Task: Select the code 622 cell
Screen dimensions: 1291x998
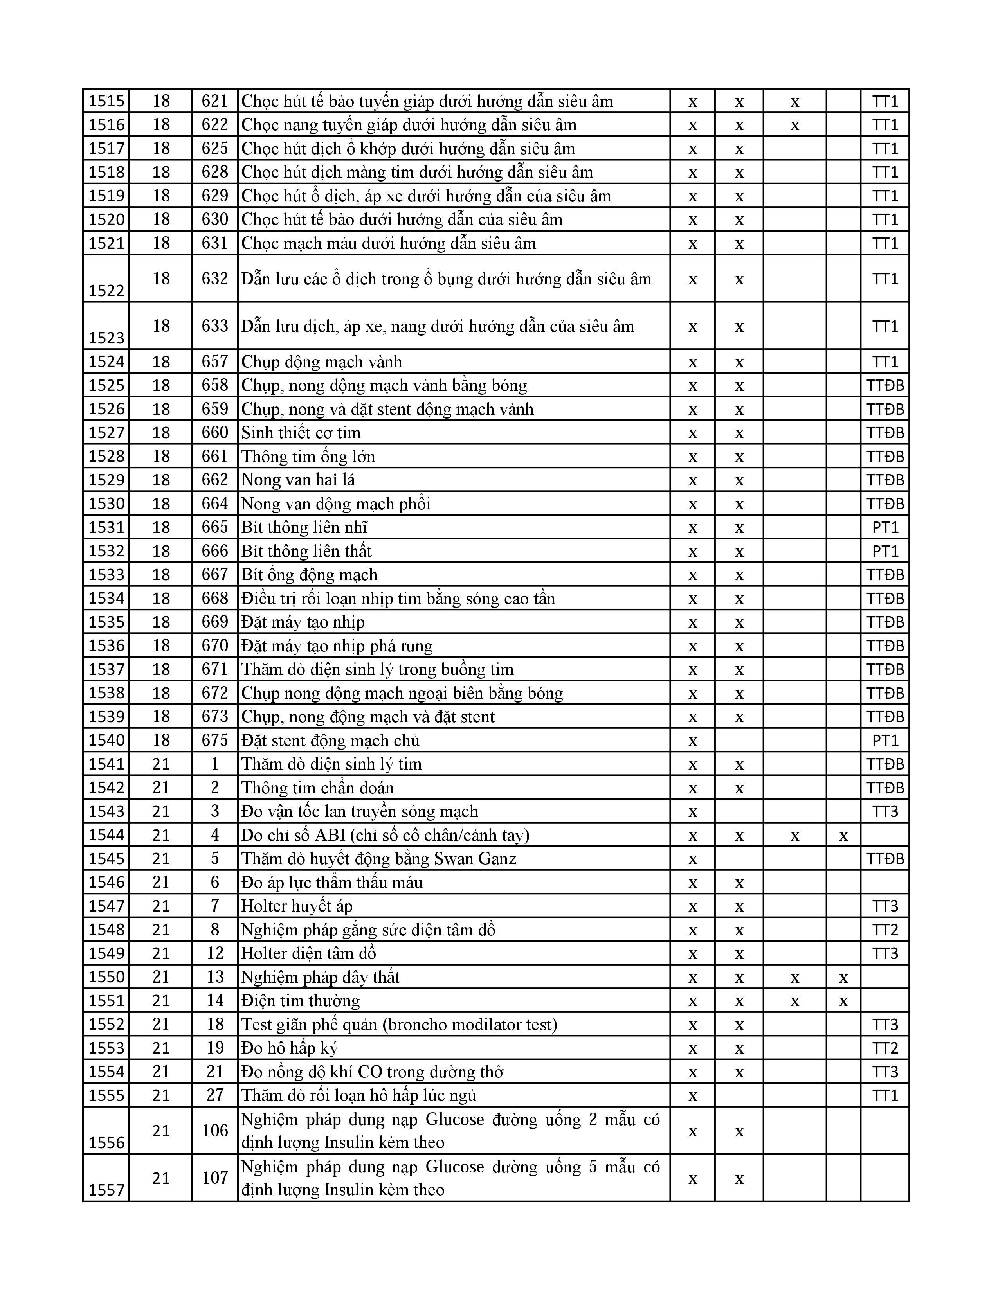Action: click(214, 125)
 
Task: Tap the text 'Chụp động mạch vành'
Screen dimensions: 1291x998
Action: click(322, 362)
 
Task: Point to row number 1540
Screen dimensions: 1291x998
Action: click(106, 741)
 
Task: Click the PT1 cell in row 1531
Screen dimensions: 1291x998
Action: click(885, 527)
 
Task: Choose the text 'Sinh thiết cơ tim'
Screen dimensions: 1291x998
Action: click(301, 433)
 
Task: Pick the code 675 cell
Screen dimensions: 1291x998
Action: click(214, 741)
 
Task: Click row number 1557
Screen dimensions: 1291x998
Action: click(106, 1190)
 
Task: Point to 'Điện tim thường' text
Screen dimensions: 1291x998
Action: click(300, 1001)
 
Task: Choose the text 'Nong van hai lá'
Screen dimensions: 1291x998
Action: click(298, 480)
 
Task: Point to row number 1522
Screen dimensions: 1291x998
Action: click(106, 290)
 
